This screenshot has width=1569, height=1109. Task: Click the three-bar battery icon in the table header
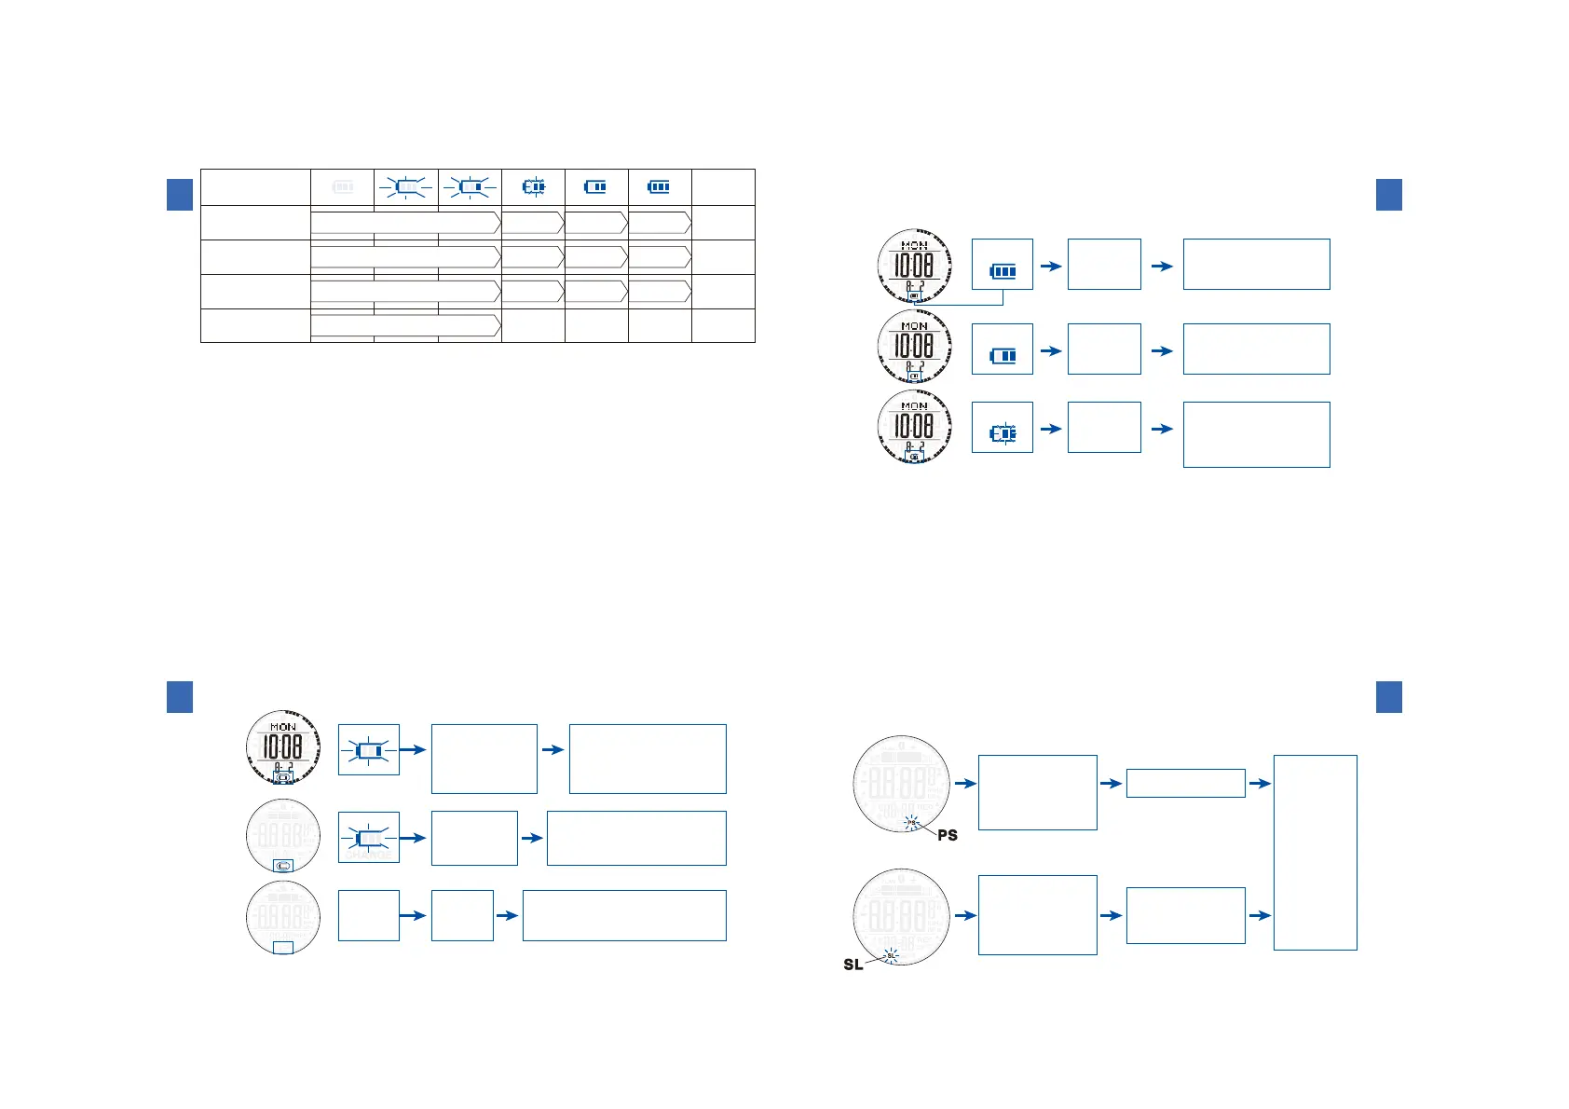tap(659, 187)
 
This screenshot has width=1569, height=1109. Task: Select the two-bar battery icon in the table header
tap(595, 187)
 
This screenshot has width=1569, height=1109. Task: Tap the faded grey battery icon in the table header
tap(342, 187)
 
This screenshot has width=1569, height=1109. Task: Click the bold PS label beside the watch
tap(948, 835)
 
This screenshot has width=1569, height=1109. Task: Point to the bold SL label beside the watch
tap(853, 965)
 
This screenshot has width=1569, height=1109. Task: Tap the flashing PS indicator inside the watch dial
tap(912, 823)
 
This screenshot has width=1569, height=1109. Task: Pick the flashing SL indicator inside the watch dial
tap(891, 955)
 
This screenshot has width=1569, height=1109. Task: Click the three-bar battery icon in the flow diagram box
tap(1003, 271)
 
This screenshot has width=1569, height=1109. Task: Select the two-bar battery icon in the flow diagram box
tap(1003, 356)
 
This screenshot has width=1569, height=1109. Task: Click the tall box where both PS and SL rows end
tap(1315, 852)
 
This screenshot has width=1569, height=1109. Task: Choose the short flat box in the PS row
tap(1185, 783)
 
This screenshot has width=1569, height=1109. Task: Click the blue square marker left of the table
tap(180, 194)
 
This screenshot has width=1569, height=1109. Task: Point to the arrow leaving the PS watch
tap(965, 784)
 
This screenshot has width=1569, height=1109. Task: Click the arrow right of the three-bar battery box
tap(1051, 266)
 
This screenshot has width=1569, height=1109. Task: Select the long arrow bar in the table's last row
tap(405, 325)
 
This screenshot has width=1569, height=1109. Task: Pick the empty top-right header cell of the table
tap(723, 187)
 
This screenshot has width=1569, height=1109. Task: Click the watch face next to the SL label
tap(901, 915)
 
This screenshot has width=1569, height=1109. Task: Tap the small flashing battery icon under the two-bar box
tap(1003, 434)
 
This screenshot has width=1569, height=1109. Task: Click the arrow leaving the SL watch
tap(965, 915)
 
